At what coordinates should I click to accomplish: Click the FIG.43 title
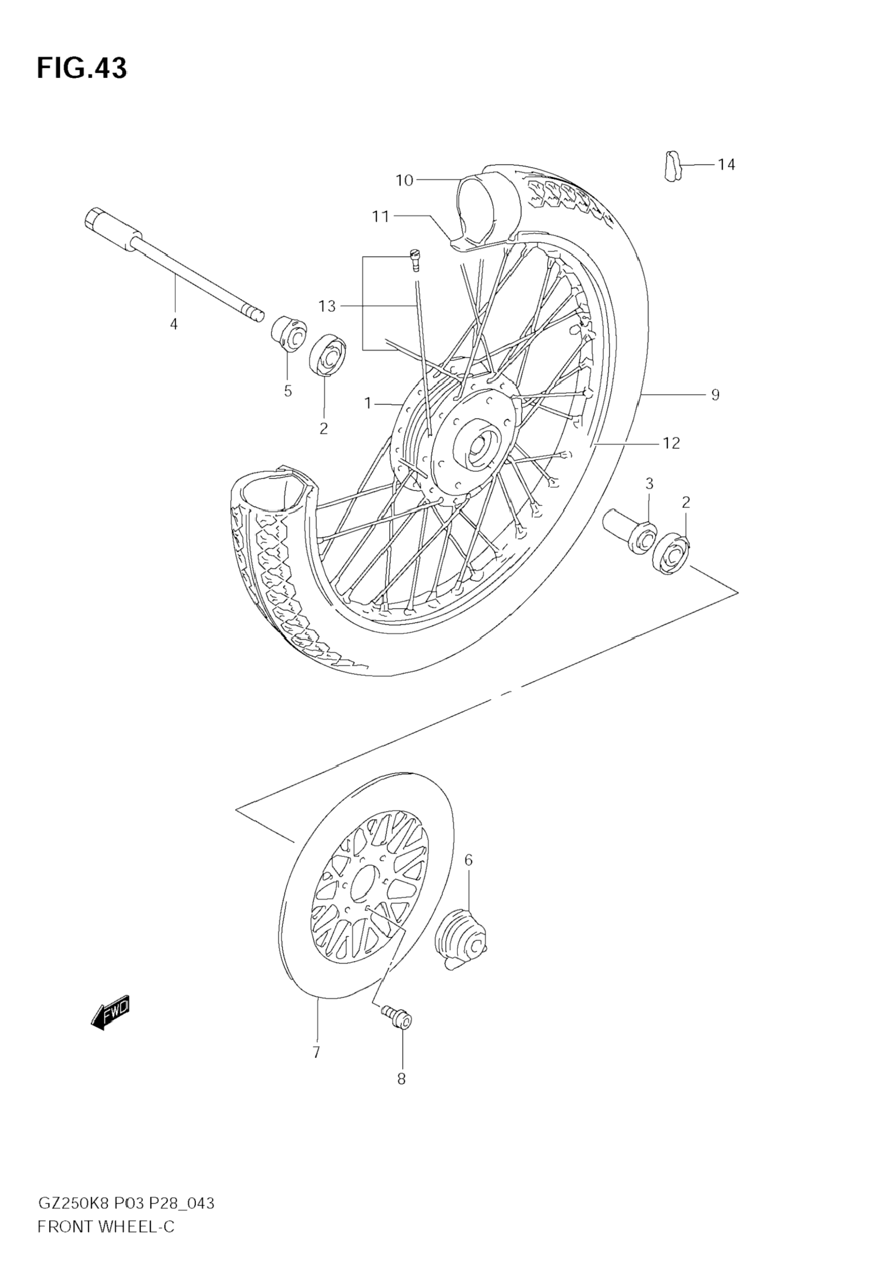tap(82, 68)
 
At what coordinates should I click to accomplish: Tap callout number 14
tap(726, 164)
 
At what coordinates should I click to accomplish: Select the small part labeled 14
tap(671, 166)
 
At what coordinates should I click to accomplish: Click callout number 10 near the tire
tap(404, 180)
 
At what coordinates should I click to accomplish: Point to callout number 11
tap(380, 217)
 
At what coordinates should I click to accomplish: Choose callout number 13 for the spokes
tap(327, 306)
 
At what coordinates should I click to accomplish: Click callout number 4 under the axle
tap(174, 324)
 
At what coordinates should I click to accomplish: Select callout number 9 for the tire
tap(715, 395)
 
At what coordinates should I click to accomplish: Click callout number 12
tap(671, 443)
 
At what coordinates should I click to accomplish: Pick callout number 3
tap(649, 484)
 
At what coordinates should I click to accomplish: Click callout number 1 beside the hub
tap(368, 404)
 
